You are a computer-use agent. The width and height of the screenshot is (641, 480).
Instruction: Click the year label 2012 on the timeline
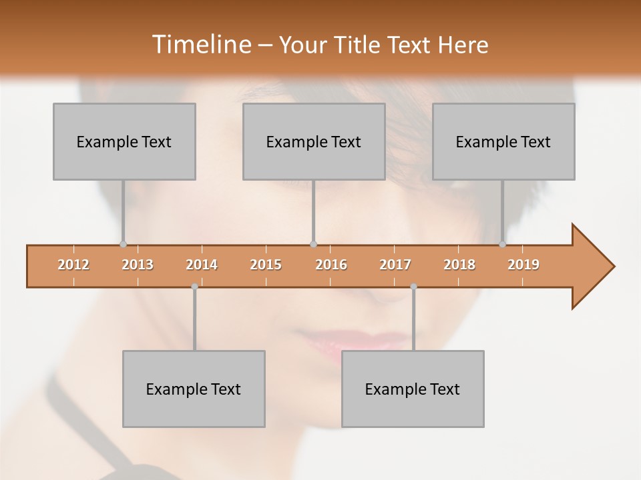(73, 265)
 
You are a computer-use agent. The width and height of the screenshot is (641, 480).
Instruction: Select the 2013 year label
(138, 265)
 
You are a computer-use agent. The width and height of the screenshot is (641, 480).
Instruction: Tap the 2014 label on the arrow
(202, 265)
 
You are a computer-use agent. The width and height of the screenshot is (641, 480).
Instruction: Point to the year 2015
(266, 265)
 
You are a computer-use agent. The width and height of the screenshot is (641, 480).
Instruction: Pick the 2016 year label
(331, 265)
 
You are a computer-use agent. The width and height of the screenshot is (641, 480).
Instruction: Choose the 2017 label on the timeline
(395, 265)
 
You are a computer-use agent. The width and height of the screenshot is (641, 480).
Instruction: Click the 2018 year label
(459, 265)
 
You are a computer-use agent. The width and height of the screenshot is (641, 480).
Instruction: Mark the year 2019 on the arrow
(523, 265)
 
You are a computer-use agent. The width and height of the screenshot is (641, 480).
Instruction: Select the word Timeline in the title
(200, 45)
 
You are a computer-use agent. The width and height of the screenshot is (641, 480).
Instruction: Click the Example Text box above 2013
(124, 141)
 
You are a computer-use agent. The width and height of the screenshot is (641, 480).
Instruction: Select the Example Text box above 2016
(314, 141)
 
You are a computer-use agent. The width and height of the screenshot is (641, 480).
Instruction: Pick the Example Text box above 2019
(503, 141)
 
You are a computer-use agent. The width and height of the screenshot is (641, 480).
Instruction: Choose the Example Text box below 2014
(194, 389)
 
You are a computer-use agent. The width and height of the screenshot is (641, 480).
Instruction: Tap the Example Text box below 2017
(413, 389)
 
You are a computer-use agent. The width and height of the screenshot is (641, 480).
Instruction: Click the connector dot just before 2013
(123, 244)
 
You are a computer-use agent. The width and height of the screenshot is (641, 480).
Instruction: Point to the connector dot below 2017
(413, 287)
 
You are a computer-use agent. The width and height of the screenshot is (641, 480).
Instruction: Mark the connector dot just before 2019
(502, 244)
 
